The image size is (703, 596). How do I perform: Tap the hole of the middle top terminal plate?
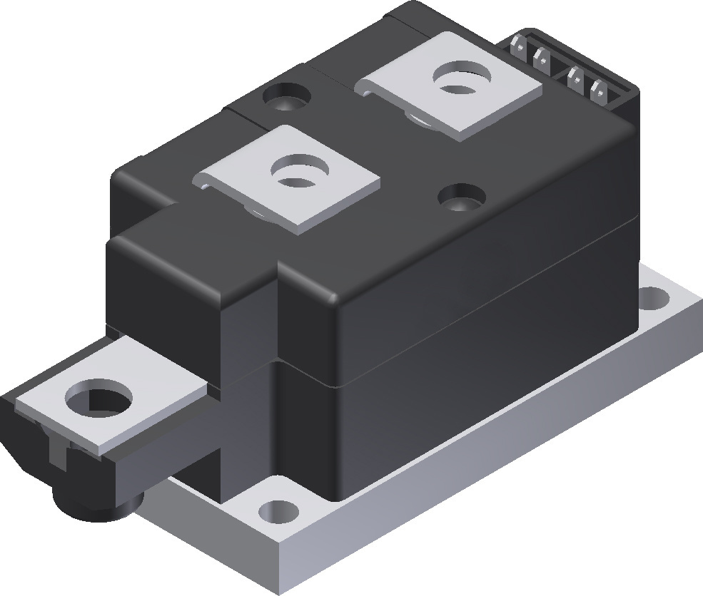click(294, 173)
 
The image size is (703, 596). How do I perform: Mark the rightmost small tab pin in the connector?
click(598, 88)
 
